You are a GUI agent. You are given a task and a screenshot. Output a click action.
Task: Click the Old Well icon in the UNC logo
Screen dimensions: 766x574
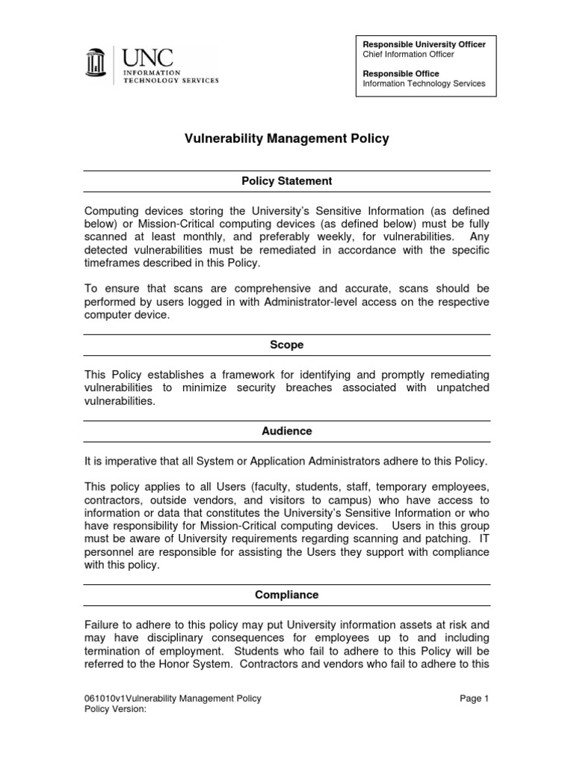(95, 65)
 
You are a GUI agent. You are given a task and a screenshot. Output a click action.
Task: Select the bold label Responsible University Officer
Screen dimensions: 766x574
(424, 45)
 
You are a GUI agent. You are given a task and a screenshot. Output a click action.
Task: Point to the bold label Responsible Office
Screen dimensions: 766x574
(401, 74)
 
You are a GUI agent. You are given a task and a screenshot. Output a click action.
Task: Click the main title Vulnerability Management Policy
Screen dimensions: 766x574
(287, 139)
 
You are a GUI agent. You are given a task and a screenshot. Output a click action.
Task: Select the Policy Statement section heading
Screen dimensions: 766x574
(287, 181)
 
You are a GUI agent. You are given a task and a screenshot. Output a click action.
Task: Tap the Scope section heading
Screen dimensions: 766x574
(287, 345)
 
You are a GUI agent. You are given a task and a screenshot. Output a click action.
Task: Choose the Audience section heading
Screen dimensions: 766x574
(287, 431)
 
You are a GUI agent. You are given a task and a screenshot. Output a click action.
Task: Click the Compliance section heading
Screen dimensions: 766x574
(287, 595)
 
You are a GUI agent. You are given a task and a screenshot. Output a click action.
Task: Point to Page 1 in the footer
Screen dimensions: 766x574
(475, 699)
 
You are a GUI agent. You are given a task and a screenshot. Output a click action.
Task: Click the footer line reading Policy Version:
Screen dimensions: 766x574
(116, 710)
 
